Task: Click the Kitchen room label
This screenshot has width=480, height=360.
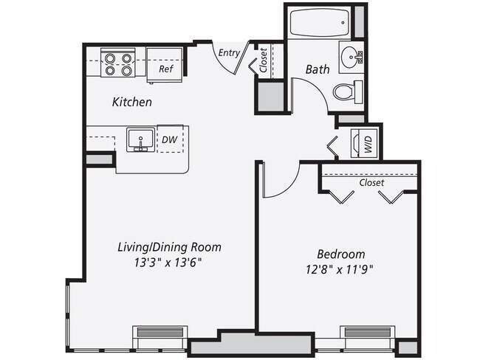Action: point(131,102)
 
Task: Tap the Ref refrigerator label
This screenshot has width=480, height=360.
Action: point(165,69)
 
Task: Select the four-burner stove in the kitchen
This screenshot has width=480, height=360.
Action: point(116,63)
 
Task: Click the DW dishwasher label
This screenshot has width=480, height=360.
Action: point(168,139)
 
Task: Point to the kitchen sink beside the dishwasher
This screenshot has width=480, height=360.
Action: point(140,139)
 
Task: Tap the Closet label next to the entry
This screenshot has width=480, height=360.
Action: point(264,60)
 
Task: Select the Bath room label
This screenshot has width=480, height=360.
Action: point(318,70)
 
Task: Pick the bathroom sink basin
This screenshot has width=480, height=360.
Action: point(351,57)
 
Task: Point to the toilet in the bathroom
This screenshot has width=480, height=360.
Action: point(346,92)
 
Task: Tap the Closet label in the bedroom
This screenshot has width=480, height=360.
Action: point(371,182)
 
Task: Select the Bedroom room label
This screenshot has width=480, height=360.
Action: point(337,253)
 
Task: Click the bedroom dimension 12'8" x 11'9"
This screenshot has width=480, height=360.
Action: point(337,269)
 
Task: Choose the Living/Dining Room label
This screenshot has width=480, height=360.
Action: point(169,246)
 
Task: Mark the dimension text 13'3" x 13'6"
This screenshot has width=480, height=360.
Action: point(169,262)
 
